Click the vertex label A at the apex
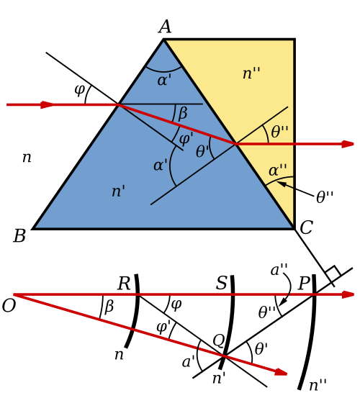165,27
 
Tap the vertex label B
19,236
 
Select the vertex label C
306,227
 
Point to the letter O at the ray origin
9,306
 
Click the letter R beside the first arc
124,284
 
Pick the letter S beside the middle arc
221,283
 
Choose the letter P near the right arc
304,283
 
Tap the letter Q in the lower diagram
218,341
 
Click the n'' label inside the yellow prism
251,73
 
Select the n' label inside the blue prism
118,191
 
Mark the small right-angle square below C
333,271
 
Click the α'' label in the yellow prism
278,171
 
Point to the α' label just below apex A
164,80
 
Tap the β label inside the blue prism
182,114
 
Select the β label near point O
109,307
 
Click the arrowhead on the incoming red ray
48,104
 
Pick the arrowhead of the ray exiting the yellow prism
348,144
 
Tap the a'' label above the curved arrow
279,270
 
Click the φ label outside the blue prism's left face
80,91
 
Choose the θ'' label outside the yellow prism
325,196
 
